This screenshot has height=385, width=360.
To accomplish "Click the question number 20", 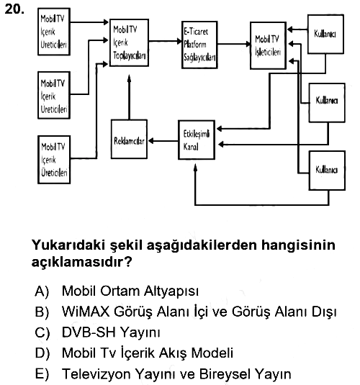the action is [x=14, y=9].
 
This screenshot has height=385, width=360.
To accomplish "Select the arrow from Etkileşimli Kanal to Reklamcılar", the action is [x=163, y=141].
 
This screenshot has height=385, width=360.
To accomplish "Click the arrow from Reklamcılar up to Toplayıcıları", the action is [x=130, y=97].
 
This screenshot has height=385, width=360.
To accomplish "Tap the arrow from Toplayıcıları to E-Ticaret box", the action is [x=165, y=41].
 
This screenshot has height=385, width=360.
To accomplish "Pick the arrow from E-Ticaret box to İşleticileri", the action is [x=234, y=44].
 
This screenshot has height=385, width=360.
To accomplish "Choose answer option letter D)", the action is [x=42, y=353].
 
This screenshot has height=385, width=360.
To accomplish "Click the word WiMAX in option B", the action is [x=86, y=312].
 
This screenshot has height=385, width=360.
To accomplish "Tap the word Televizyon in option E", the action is [x=96, y=374].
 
